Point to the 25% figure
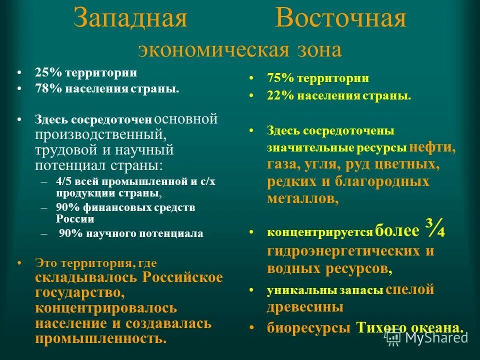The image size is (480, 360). (x=48, y=72)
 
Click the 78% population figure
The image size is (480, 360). (x=48, y=89)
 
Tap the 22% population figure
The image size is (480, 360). (x=280, y=95)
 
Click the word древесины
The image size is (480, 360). (x=305, y=306)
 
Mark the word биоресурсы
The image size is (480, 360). (x=308, y=327)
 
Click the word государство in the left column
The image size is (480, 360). (x=76, y=291)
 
